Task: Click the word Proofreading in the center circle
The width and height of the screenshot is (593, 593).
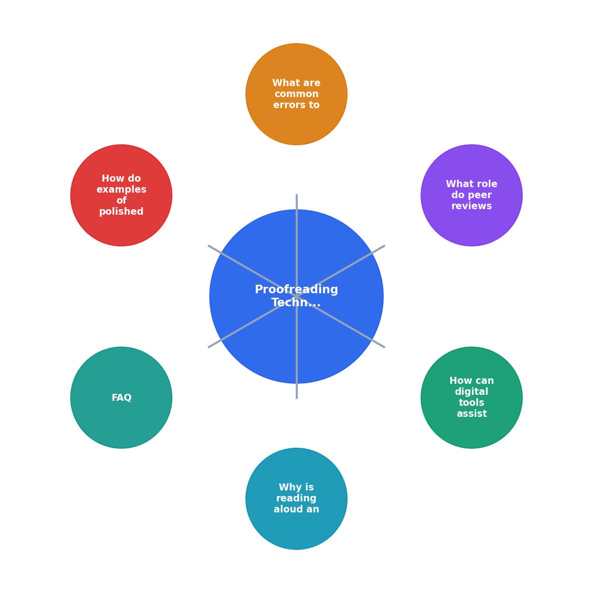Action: (296, 290)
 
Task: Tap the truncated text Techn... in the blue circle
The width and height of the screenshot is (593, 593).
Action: (296, 303)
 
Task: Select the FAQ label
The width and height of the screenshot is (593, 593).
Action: (122, 398)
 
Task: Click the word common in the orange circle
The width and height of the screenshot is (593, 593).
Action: (296, 94)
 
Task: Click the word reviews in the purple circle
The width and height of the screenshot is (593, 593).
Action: (471, 206)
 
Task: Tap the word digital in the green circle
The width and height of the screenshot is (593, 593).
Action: (471, 392)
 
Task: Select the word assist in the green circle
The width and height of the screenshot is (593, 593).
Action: (471, 414)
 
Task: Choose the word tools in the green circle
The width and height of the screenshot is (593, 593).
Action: (471, 403)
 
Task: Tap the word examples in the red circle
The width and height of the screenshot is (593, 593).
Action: (122, 190)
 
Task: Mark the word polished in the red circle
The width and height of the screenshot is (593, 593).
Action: (122, 211)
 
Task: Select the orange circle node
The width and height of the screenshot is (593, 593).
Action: (296, 94)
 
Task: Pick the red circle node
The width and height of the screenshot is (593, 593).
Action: (122, 196)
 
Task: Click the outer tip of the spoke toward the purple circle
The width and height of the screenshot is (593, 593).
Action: (385, 246)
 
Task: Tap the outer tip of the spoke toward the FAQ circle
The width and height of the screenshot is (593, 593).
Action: (208, 347)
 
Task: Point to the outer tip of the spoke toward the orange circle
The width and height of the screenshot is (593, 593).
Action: (296, 194)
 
